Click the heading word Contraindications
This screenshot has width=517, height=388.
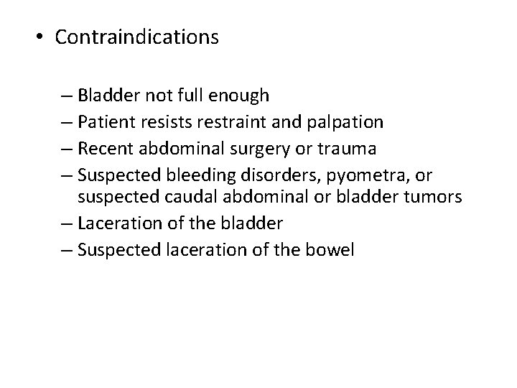[136, 37]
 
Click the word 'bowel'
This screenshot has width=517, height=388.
[332, 251]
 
